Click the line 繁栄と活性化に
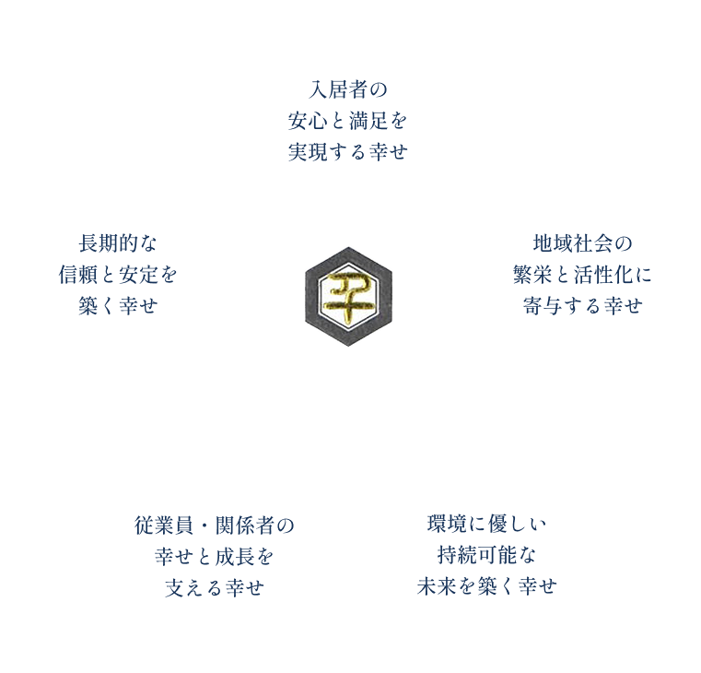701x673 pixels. tap(581, 275)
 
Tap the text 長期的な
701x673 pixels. tap(117, 244)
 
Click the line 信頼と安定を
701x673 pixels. tap(117, 275)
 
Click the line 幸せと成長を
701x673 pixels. tap(214, 556)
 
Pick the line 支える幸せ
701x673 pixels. tap(214, 586)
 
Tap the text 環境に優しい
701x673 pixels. tap(486, 525)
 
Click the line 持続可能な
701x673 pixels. tap(486, 556)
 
